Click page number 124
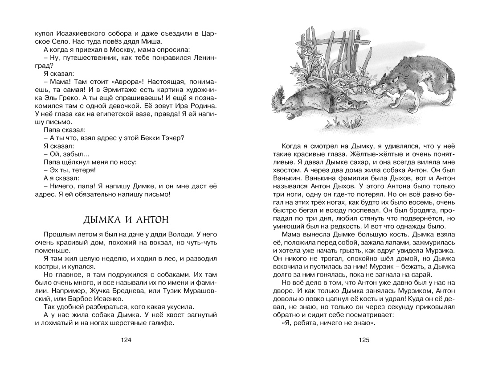126,340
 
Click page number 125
364,340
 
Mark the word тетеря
85,170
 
